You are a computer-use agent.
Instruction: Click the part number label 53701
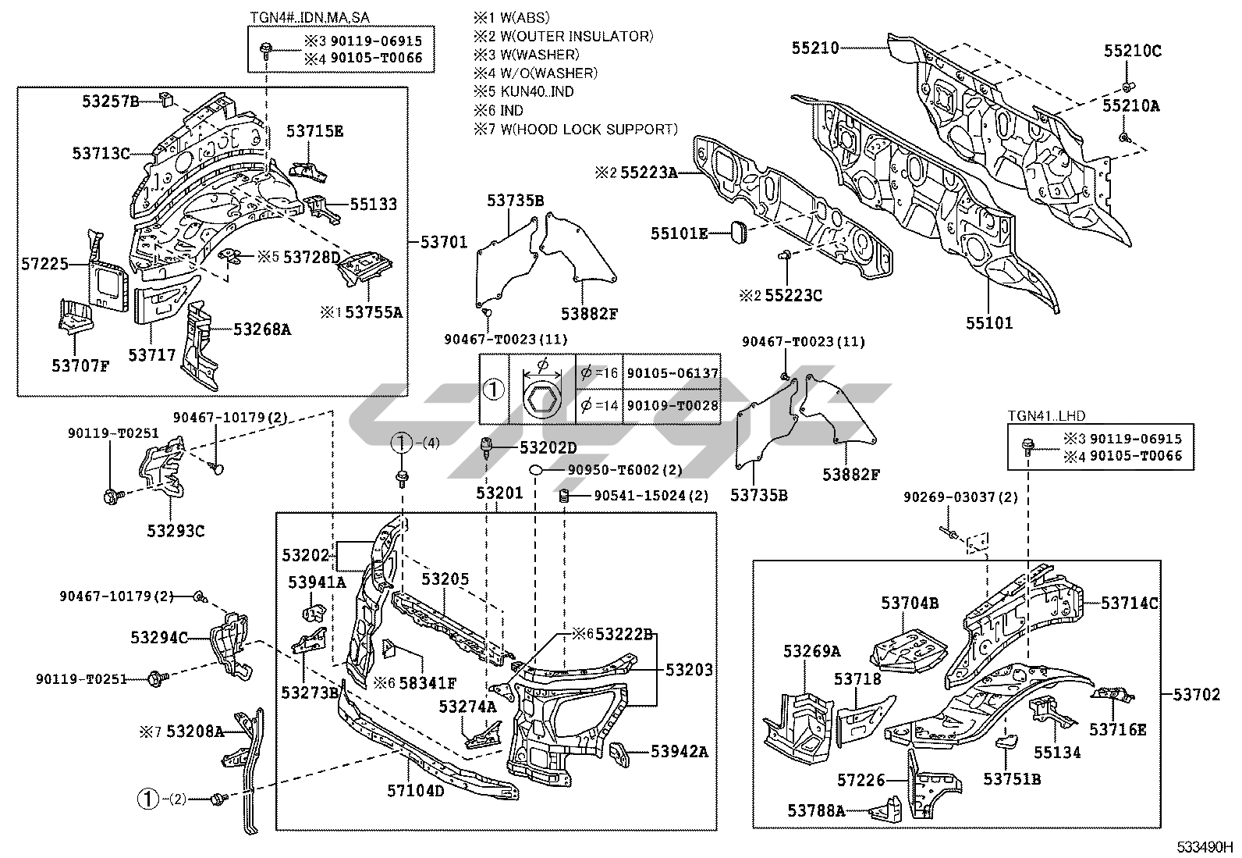[444, 242]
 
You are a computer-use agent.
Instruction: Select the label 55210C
[1132, 51]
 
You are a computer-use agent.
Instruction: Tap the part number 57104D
[415, 790]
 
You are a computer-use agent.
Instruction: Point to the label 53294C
[159, 638]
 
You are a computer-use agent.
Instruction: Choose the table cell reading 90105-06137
[672, 373]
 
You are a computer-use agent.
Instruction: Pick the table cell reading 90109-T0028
[672, 405]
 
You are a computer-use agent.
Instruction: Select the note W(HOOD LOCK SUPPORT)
[589, 130]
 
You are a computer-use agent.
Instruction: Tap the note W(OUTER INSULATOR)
[577, 36]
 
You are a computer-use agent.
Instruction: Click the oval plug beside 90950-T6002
[536, 470]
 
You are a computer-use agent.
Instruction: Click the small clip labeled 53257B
[167, 99]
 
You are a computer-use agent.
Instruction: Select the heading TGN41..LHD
[1046, 415]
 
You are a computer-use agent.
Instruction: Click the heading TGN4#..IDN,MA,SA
[310, 17]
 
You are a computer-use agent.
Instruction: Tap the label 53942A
[680, 752]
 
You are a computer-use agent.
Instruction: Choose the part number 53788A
[816, 811]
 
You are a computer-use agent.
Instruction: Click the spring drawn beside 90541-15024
[564, 496]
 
